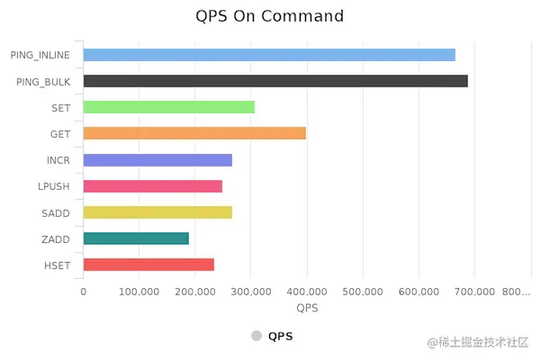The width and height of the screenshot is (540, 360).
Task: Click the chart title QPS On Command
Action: (x=270, y=16)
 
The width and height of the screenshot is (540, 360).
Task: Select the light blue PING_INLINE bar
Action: (x=269, y=55)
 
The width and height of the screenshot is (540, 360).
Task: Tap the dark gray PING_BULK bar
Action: (x=275, y=81)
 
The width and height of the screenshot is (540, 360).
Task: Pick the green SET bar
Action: (x=169, y=107)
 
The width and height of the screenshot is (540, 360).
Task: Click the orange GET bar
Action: (x=194, y=133)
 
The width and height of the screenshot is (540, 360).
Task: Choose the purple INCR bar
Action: (x=157, y=160)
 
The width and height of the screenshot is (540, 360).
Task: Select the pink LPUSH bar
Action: (x=153, y=186)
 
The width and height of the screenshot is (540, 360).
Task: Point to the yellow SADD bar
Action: (x=157, y=212)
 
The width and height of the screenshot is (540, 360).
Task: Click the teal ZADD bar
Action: (x=136, y=238)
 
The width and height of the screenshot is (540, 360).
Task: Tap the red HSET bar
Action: (x=148, y=265)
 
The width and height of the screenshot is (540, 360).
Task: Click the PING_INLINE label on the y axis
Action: (x=40, y=55)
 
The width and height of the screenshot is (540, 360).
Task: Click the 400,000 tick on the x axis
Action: (x=307, y=292)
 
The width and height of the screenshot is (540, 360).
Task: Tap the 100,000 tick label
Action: (x=139, y=292)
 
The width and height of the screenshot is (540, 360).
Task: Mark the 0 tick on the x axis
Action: (x=84, y=292)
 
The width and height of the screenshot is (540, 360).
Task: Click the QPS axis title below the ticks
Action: (x=307, y=309)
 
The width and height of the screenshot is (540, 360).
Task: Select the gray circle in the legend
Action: (x=256, y=337)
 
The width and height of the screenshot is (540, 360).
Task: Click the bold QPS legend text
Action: (x=280, y=337)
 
